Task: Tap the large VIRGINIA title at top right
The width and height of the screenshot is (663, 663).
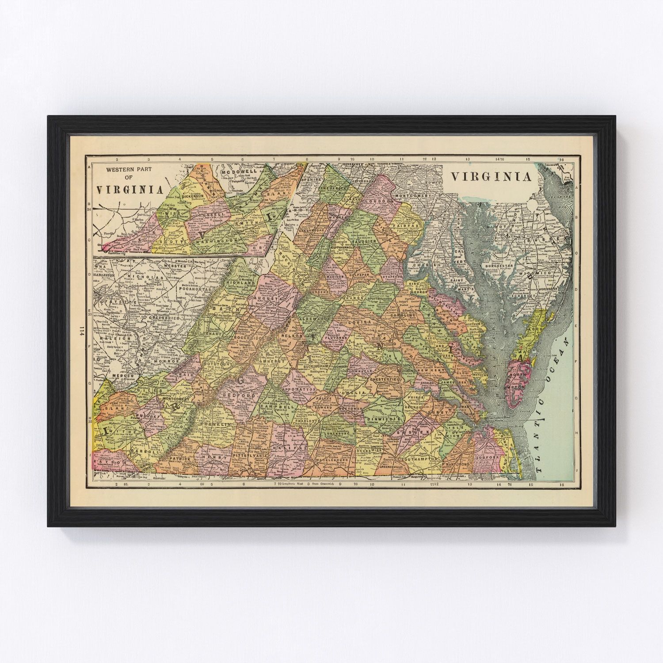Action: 491,177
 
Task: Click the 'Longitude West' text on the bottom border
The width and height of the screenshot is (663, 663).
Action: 293,484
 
